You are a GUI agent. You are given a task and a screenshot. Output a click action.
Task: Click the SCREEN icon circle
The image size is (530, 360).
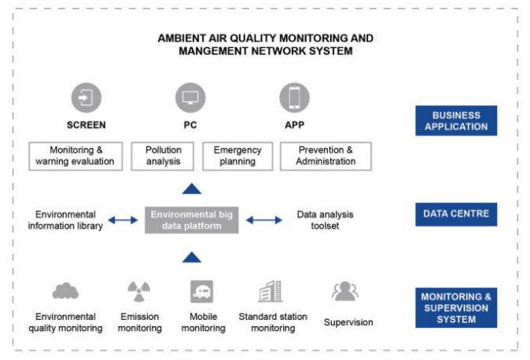[86, 97]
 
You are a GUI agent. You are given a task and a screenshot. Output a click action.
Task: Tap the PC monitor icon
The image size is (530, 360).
[190, 97]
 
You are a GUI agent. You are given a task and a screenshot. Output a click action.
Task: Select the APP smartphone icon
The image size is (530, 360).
[294, 97]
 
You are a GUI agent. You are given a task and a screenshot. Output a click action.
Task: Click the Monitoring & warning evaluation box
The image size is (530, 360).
[75, 156]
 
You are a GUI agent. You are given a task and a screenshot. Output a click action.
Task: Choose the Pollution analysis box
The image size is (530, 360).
[163, 156]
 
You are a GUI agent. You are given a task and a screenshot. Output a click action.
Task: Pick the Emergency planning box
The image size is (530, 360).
[237, 156]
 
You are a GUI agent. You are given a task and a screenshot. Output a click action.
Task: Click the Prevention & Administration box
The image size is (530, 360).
[326, 156]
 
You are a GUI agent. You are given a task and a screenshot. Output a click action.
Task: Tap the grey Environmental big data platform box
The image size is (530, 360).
[192, 220]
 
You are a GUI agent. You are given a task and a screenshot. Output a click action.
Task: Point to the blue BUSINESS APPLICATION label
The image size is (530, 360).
[456, 121]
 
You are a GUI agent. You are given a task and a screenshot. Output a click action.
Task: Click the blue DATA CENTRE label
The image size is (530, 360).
[456, 215]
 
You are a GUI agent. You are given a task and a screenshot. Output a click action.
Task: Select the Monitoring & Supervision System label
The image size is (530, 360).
[456, 307]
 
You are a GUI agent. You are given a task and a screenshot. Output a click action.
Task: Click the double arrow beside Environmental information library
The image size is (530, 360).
[123, 220]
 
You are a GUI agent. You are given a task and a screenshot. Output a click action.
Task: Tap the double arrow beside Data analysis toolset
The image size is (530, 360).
[264, 220]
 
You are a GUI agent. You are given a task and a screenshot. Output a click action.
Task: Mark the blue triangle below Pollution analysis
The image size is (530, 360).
[192, 189]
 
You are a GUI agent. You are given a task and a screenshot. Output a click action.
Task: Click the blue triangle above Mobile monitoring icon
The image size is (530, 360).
[192, 258]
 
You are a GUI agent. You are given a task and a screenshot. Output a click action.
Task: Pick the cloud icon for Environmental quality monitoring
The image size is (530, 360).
[65, 292]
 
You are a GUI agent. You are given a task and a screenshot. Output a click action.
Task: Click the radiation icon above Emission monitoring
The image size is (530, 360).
[139, 292]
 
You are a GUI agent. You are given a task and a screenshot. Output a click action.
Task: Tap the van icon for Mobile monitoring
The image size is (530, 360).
[202, 292]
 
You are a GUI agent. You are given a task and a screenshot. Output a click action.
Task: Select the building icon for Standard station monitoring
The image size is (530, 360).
[271, 291]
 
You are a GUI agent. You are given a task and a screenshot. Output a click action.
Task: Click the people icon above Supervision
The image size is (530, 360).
[345, 291]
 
